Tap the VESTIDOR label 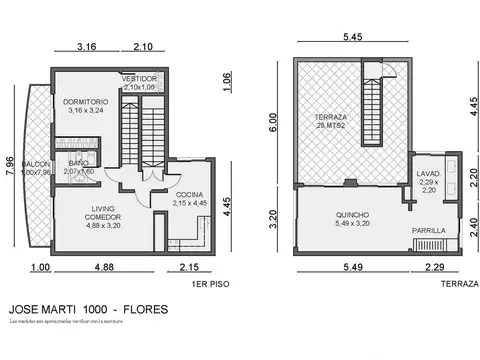point(142,78)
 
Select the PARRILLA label point(431,231)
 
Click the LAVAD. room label point(429,173)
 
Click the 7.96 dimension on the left point(11,167)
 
